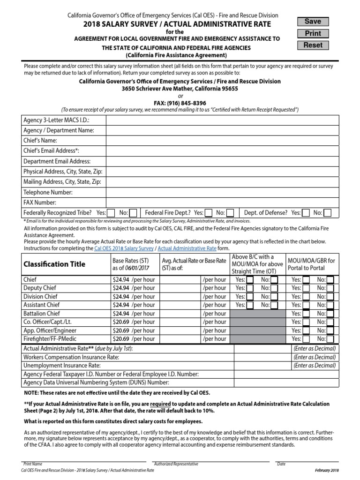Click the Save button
(x=313, y=22)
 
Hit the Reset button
(x=313, y=45)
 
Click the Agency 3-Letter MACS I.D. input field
(x=222, y=120)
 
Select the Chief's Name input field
(x=222, y=140)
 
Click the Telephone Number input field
(x=222, y=192)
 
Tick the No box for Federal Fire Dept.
(x=232, y=213)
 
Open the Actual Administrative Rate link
(x=187, y=248)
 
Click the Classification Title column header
(x=54, y=264)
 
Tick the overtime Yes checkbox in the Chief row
(x=250, y=280)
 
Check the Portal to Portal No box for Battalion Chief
(x=330, y=314)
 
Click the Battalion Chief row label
(x=42, y=314)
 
